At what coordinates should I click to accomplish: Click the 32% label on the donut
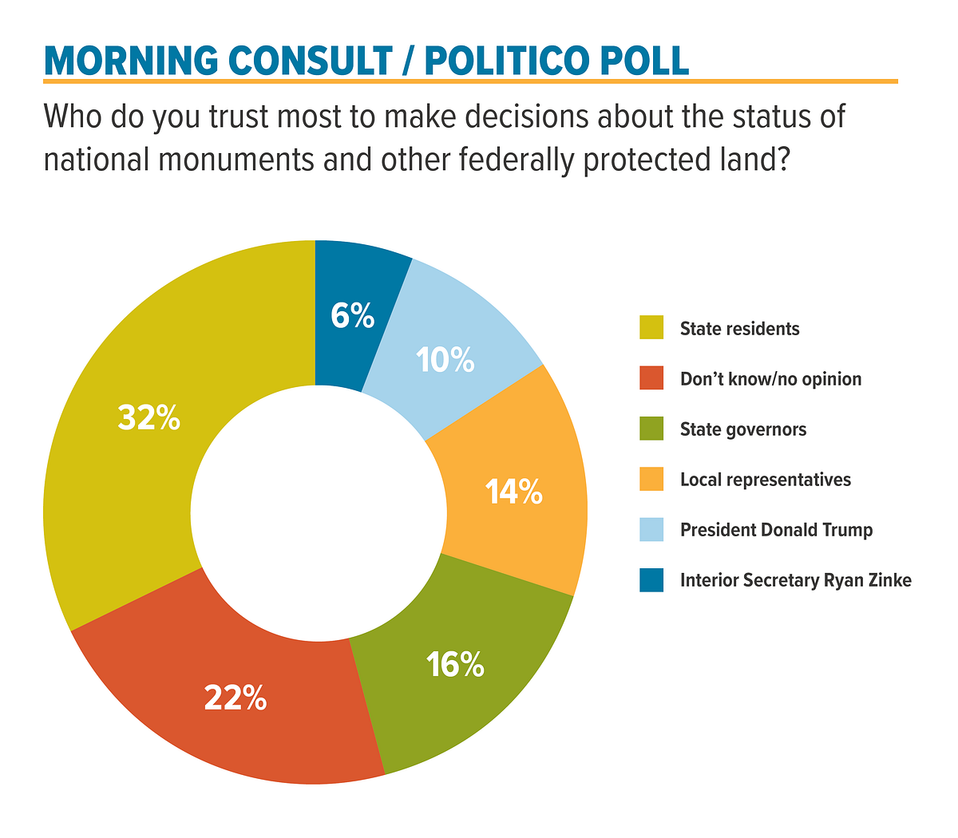[149, 417]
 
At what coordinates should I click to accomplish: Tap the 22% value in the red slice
[235, 699]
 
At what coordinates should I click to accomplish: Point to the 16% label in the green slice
[455, 664]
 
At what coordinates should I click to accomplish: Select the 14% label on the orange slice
[514, 492]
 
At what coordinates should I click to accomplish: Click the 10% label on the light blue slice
[445, 360]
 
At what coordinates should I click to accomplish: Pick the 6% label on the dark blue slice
[353, 316]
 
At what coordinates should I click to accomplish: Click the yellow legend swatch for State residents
[651, 328]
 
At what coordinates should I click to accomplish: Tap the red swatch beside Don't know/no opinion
[651, 378]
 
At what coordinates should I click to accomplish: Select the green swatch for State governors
[651, 429]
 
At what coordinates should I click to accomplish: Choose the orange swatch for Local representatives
[651, 479]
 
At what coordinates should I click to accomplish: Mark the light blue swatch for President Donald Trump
[651, 529]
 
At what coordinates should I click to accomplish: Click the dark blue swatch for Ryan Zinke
[651, 580]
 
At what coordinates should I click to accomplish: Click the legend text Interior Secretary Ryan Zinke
[795, 580]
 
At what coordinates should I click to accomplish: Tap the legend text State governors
[743, 429]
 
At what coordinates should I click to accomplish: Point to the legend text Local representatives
[766, 480]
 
